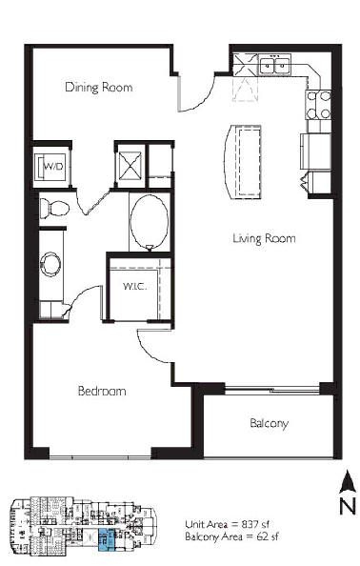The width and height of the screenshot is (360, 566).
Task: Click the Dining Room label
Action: pyautogui.click(x=98, y=88)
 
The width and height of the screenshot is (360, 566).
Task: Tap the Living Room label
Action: pyautogui.click(x=264, y=238)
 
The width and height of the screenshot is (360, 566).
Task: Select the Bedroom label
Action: pyautogui.click(x=102, y=391)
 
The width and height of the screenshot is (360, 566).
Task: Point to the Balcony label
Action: pyautogui.click(x=270, y=423)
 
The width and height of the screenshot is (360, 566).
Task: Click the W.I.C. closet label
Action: pyautogui.click(x=135, y=286)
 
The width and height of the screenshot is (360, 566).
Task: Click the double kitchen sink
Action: pyautogui.click(x=275, y=65)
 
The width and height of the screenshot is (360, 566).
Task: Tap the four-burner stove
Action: pyautogui.click(x=318, y=105)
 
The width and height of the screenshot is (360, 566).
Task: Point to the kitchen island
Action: pyautogui.click(x=243, y=161)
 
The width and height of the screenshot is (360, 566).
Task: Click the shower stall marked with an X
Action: pyautogui.click(x=130, y=166)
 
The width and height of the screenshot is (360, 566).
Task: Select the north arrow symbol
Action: pyautogui.click(x=348, y=481)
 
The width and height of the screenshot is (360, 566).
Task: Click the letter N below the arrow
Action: pyautogui.click(x=348, y=505)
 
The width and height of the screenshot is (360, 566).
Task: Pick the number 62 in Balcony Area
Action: pyautogui.click(x=262, y=536)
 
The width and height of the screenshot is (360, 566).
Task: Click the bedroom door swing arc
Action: pyautogui.click(x=149, y=351)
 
